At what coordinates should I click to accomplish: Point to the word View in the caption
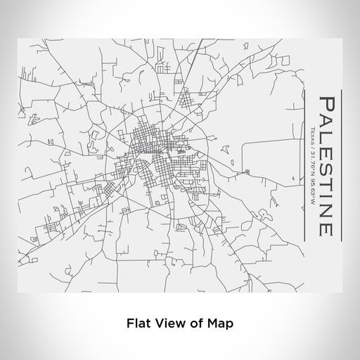pyautogui.click(x=167, y=325)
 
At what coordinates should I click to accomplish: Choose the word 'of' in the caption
pyautogui.click(x=191, y=325)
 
